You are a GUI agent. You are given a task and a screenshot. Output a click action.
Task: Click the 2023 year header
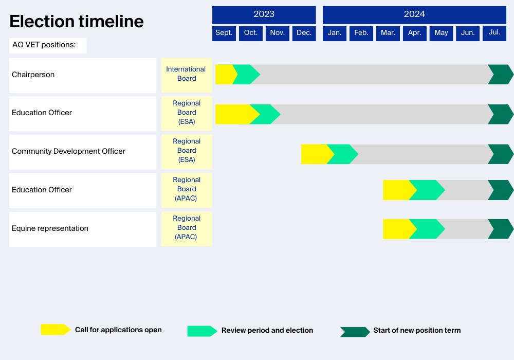click(x=264, y=14)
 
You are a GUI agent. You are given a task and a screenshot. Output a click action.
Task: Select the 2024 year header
click(x=414, y=14)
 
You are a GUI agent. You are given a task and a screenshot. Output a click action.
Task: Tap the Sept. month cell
click(x=224, y=33)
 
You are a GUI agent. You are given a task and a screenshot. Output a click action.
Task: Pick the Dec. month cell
click(x=304, y=33)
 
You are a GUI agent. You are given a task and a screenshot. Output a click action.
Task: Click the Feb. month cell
click(x=361, y=33)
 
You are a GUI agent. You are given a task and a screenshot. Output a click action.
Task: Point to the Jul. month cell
click(x=494, y=33)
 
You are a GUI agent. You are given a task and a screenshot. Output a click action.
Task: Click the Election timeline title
click(x=77, y=22)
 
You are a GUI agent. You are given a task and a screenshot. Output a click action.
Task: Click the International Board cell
click(x=186, y=74)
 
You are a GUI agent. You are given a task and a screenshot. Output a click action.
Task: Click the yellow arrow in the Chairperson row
click(x=225, y=75)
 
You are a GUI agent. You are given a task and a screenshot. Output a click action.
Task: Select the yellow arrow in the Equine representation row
click(x=397, y=229)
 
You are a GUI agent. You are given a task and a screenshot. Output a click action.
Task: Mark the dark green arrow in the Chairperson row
click(x=500, y=75)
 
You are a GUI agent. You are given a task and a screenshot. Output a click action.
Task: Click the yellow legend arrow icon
click(x=55, y=330)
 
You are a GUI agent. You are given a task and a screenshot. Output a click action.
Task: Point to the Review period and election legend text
click(x=267, y=330)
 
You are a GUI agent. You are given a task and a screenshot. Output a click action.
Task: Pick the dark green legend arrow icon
click(x=354, y=332)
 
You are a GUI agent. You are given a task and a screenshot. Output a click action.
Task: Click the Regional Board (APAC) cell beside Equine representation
click(x=186, y=228)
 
